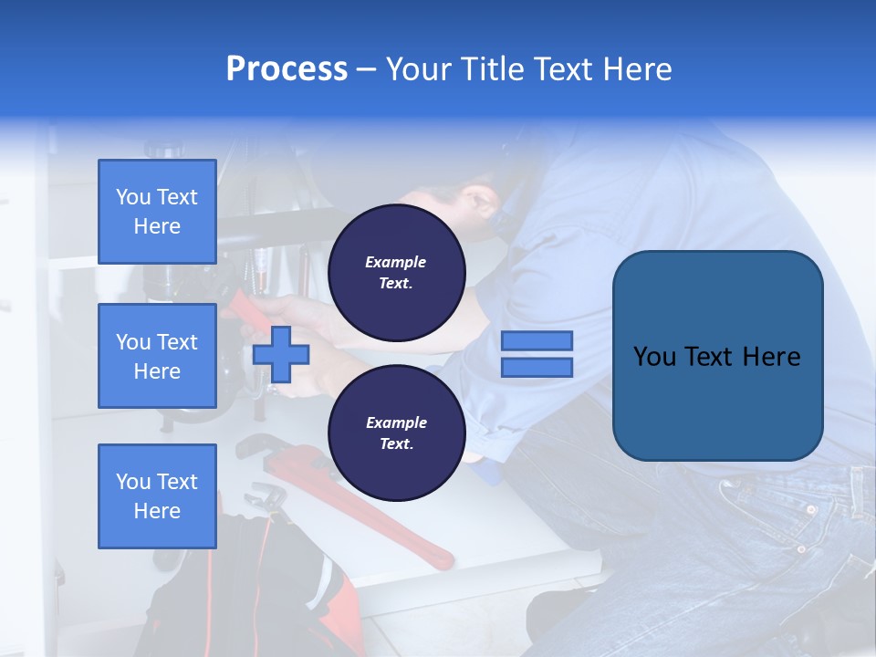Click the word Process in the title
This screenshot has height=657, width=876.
(287, 69)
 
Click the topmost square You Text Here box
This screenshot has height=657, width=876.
(157, 212)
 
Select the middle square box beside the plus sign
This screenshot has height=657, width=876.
(157, 356)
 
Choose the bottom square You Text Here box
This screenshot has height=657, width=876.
(157, 496)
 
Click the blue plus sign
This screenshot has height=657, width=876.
(281, 354)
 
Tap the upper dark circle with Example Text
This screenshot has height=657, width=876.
(396, 273)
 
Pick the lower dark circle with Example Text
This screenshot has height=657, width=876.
(396, 433)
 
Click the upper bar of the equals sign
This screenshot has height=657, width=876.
(537, 341)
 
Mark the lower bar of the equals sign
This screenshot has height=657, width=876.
(537, 367)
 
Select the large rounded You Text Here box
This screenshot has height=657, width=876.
(717, 356)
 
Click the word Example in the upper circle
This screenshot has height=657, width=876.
(396, 262)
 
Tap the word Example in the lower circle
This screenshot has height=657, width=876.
(396, 422)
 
